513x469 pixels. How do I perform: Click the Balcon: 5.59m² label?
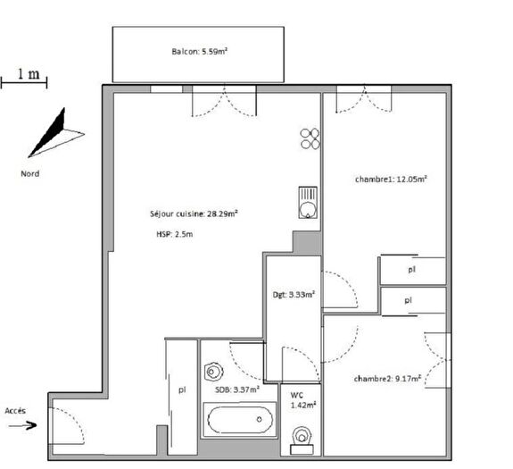199,52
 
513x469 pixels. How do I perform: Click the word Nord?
30,173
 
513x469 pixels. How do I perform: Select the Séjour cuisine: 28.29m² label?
194,214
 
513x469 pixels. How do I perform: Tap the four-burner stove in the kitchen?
310,138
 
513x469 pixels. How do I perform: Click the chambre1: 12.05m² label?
391,179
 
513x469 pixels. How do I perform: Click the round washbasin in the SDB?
213,372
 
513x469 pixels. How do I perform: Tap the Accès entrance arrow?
23,425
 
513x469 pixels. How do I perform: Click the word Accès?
16,410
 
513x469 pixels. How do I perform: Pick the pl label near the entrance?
182,389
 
